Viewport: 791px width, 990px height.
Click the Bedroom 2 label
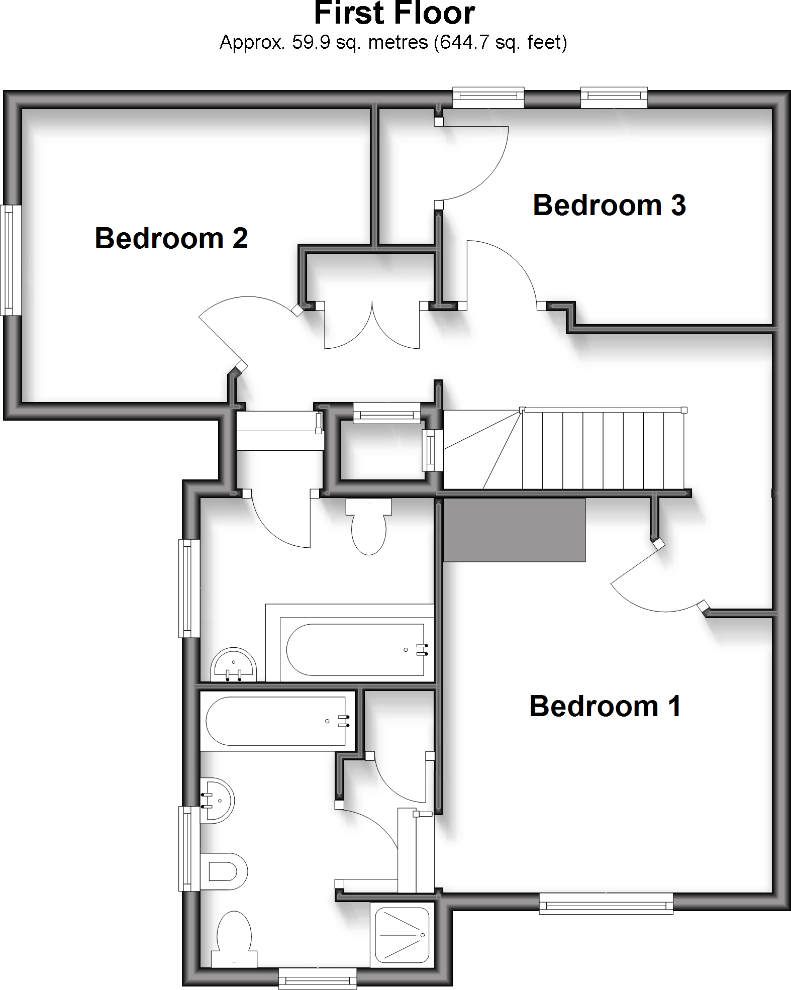pyautogui.click(x=171, y=238)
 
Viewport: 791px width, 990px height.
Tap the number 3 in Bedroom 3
pyautogui.click(x=678, y=206)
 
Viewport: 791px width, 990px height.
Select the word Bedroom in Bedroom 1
pyautogui.click(x=594, y=706)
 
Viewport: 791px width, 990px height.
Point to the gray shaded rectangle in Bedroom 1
pyautogui.click(x=514, y=530)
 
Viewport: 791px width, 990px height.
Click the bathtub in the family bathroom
pyautogui.click(x=356, y=650)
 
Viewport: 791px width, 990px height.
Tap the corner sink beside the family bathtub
pyautogui.click(x=234, y=665)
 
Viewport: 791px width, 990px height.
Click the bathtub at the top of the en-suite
pyautogui.click(x=276, y=721)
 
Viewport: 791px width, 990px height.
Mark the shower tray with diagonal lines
pyautogui.click(x=402, y=935)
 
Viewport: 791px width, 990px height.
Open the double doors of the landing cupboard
pyautogui.click(x=372, y=327)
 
